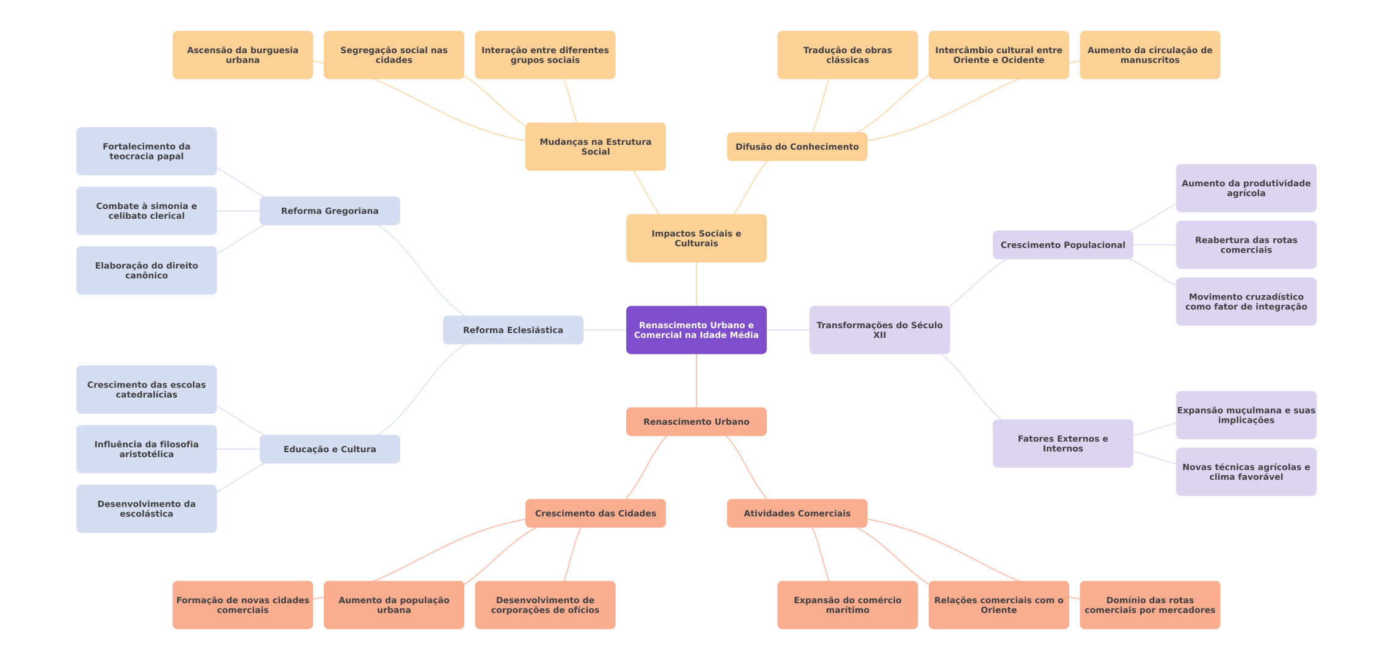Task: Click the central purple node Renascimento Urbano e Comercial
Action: coord(696,330)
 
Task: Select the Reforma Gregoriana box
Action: coord(329,211)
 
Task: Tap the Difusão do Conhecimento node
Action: coord(797,147)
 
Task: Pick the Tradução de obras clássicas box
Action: coord(847,55)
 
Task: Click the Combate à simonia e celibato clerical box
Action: coord(146,211)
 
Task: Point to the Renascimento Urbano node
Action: coord(696,422)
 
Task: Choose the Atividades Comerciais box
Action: coord(797,513)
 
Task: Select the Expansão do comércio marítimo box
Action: coord(847,605)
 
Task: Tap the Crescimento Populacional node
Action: coord(1062,245)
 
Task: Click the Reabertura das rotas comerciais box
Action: coord(1246,245)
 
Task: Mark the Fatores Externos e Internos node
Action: coord(1062,444)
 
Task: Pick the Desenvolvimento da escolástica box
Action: coord(146,508)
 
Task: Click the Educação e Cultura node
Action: coord(329,449)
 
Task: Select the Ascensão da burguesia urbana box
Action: coord(243,55)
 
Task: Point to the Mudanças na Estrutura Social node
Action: coord(595,147)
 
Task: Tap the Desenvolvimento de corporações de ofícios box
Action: coord(545,605)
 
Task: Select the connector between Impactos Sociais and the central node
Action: coord(696,284)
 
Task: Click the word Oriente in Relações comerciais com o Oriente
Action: coord(999,610)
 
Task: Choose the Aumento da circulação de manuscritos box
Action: coord(1150,55)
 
